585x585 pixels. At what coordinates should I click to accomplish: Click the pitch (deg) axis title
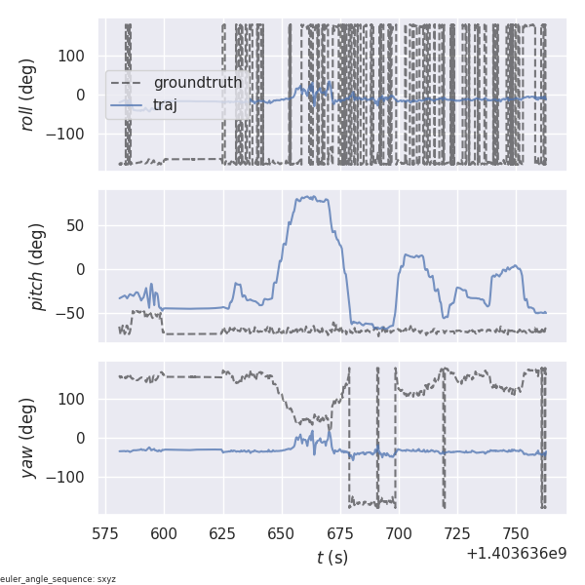tap(38, 266)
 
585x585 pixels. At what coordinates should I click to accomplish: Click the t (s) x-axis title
tap(332, 558)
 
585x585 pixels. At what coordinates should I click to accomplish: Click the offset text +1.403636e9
tap(516, 554)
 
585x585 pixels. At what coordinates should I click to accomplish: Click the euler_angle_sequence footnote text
tap(58, 579)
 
